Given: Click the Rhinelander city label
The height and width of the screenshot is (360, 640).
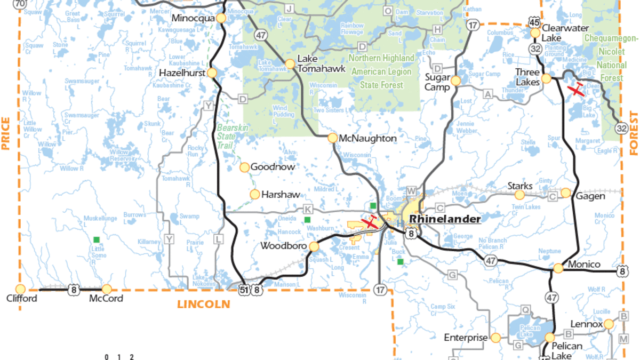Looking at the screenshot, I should (x=444, y=219).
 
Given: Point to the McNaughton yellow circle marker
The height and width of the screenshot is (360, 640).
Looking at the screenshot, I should (x=333, y=138).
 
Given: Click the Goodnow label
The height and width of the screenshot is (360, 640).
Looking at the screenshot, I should (x=273, y=167).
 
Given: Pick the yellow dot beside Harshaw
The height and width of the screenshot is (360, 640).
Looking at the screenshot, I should (x=255, y=195).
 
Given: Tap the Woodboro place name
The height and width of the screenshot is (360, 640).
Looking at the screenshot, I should (x=283, y=246).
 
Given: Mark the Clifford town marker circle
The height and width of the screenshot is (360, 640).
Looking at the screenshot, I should (x=21, y=289).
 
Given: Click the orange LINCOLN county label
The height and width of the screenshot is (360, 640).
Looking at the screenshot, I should (x=204, y=304).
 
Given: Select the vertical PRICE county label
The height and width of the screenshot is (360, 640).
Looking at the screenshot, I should (x=6, y=133).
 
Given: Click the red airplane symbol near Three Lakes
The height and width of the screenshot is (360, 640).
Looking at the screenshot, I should (x=577, y=89).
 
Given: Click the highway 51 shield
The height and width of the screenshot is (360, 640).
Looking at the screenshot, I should (x=244, y=290).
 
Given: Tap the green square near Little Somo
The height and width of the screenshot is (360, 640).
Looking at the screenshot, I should (x=96, y=239).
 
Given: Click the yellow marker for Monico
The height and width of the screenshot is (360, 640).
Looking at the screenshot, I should (x=558, y=268).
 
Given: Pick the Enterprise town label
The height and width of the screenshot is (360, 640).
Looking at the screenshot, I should (x=466, y=337).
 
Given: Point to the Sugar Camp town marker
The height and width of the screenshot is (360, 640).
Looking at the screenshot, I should (x=455, y=81).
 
